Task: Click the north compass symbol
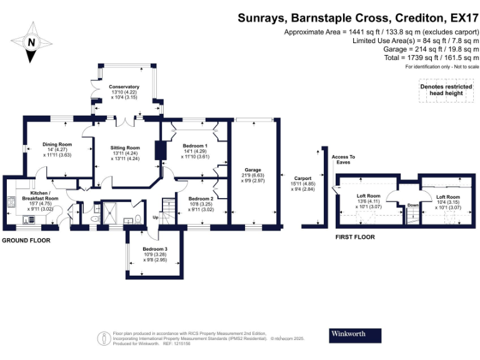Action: coord(31,42)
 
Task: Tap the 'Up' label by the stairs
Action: coord(156,218)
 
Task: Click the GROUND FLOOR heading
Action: coord(25,240)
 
